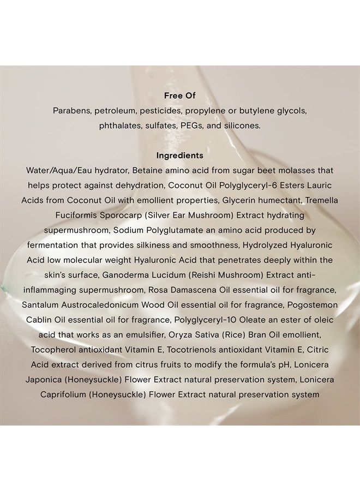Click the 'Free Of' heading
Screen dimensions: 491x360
179,95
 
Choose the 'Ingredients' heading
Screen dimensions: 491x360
179,155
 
